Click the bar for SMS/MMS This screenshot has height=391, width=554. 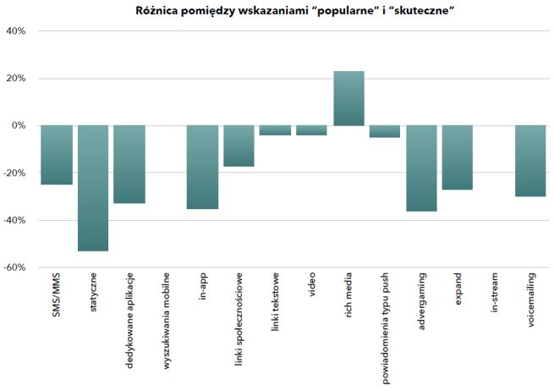57,155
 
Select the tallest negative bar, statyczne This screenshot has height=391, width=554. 93,188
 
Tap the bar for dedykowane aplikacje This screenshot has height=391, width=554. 129,164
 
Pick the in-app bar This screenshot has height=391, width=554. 202,167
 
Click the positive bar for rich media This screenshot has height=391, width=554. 348,98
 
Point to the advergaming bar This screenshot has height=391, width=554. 421,168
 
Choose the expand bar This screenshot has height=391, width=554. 458,157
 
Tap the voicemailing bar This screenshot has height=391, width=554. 530,161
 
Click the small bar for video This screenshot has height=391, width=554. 312,130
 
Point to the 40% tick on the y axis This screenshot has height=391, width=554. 16,31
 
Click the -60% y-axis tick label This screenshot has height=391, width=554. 15,267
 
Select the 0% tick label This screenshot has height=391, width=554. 19,126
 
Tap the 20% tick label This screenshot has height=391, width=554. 16,79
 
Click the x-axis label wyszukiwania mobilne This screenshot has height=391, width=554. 167,325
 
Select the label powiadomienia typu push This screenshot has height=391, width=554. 386,329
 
